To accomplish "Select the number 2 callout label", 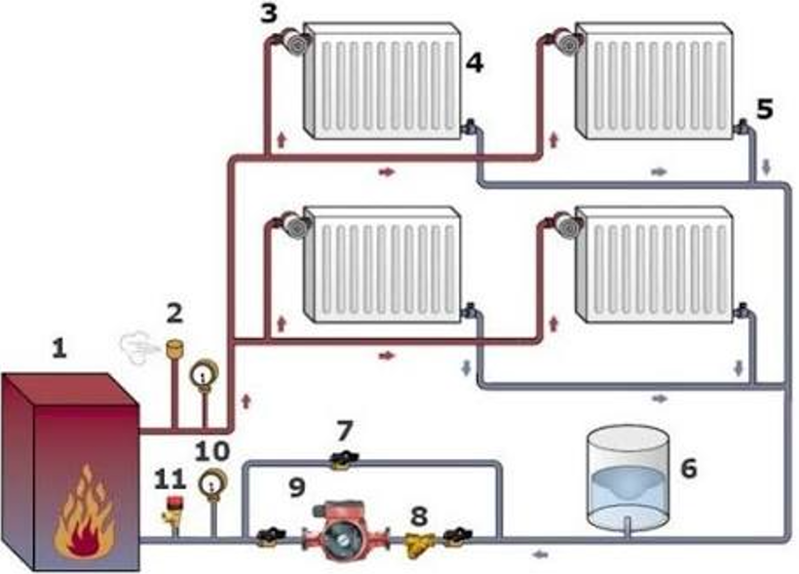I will (x=175, y=313).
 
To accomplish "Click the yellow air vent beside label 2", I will (x=175, y=347).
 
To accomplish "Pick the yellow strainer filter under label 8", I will (x=419, y=543).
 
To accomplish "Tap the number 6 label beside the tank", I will (x=688, y=469).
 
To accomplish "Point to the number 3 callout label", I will (x=269, y=13).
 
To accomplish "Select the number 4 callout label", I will (x=474, y=64).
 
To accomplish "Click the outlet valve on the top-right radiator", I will (x=743, y=127).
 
